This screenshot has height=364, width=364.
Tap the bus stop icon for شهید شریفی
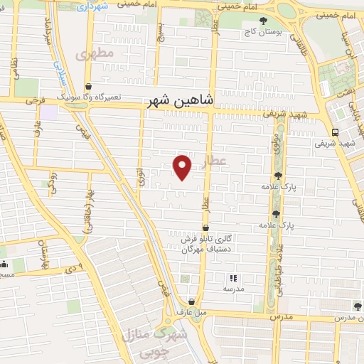pos(335,132)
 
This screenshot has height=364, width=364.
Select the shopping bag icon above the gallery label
pos(205,229)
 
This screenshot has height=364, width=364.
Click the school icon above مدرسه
pos(232,278)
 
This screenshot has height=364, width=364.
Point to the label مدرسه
pos(232,289)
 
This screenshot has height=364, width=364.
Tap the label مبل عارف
pos(191,311)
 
